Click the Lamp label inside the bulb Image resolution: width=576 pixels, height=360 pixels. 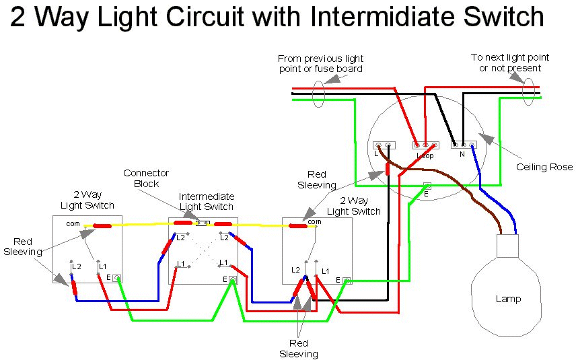point(507,299)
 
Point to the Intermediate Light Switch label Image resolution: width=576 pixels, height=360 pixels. point(206,201)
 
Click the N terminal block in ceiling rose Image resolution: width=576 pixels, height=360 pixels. point(463,144)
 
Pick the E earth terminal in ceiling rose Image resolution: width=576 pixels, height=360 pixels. point(427,186)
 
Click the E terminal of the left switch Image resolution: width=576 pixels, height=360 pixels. point(117,277)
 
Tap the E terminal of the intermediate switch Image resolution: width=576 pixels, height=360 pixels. point(233,279)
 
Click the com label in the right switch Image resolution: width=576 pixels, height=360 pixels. point(314,221)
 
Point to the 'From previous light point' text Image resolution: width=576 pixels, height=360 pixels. point(320,64)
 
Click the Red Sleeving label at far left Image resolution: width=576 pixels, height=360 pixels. point(22,246)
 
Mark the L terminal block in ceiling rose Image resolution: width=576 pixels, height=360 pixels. point(384,145)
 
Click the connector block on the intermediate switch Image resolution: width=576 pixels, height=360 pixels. point(202,223)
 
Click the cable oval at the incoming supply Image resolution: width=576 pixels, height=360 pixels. point(320,92)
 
